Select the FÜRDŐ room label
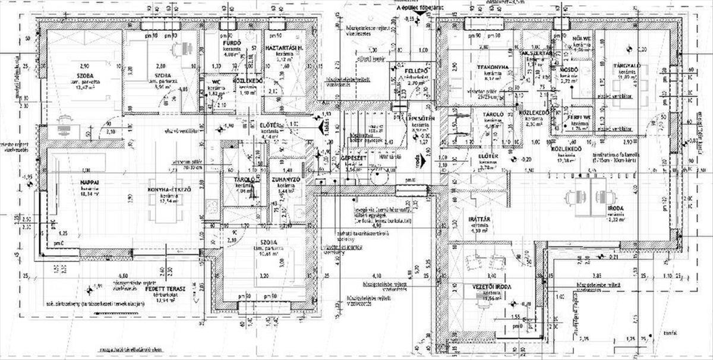click(x=231, y=45)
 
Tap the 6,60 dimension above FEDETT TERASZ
click(x=124, y=276)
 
